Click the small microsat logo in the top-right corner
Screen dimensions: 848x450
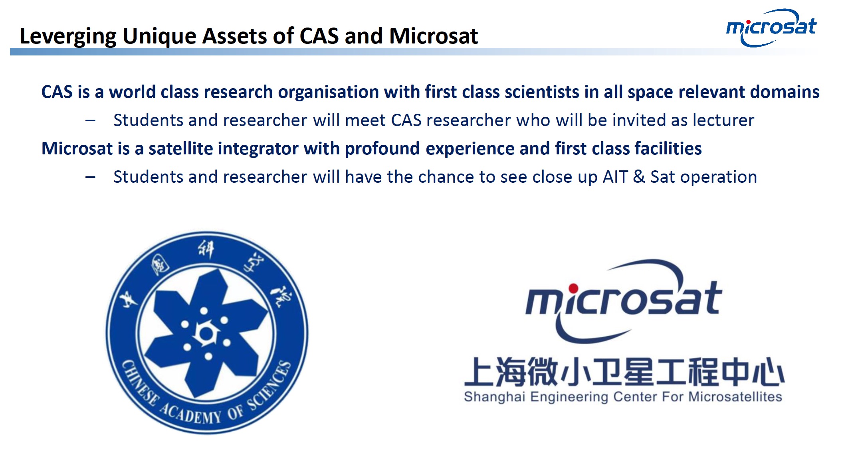(771, 27)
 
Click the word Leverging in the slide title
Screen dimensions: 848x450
(68, 37)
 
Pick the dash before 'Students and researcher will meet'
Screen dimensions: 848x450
(91, 120)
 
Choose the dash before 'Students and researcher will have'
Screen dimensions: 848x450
(91, 177)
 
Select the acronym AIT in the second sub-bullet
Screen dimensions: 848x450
(615, 177)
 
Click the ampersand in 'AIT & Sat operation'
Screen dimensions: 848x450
(639, 177)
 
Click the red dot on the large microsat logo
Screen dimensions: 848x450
(573, 288)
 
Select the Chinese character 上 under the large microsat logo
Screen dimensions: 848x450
(479, 372)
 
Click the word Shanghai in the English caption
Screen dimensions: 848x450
(494, 397)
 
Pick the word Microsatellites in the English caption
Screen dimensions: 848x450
(735, 397)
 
